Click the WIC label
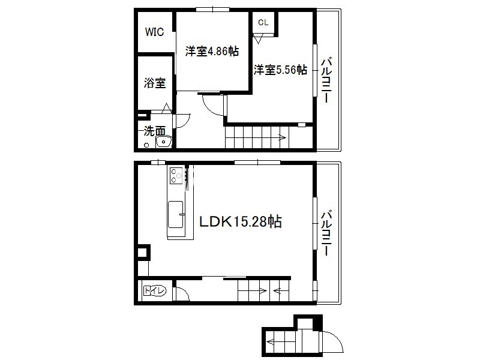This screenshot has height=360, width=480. point(154,32)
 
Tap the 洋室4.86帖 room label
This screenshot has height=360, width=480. point(212,51)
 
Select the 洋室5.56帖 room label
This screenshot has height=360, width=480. point(280,70)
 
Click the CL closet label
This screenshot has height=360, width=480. point(263,22)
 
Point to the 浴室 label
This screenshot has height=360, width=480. point(155,83)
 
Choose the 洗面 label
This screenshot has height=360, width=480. point(155,131)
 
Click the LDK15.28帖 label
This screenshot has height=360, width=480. point(241,221)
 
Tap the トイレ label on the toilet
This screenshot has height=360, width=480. point(155,290)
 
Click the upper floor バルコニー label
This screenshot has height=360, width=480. point(326,80)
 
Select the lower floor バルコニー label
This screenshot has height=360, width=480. point(326,233)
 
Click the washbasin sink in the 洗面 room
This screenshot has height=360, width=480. point(164,142)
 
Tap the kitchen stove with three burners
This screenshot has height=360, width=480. point(176,176)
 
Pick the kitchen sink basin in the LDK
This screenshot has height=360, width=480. point(176,215)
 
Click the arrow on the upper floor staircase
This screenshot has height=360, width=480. point(281,138)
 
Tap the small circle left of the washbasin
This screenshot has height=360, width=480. point(146,145)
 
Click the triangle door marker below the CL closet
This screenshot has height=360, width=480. point(258,40)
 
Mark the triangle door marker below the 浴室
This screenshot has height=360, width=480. point(167,109)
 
